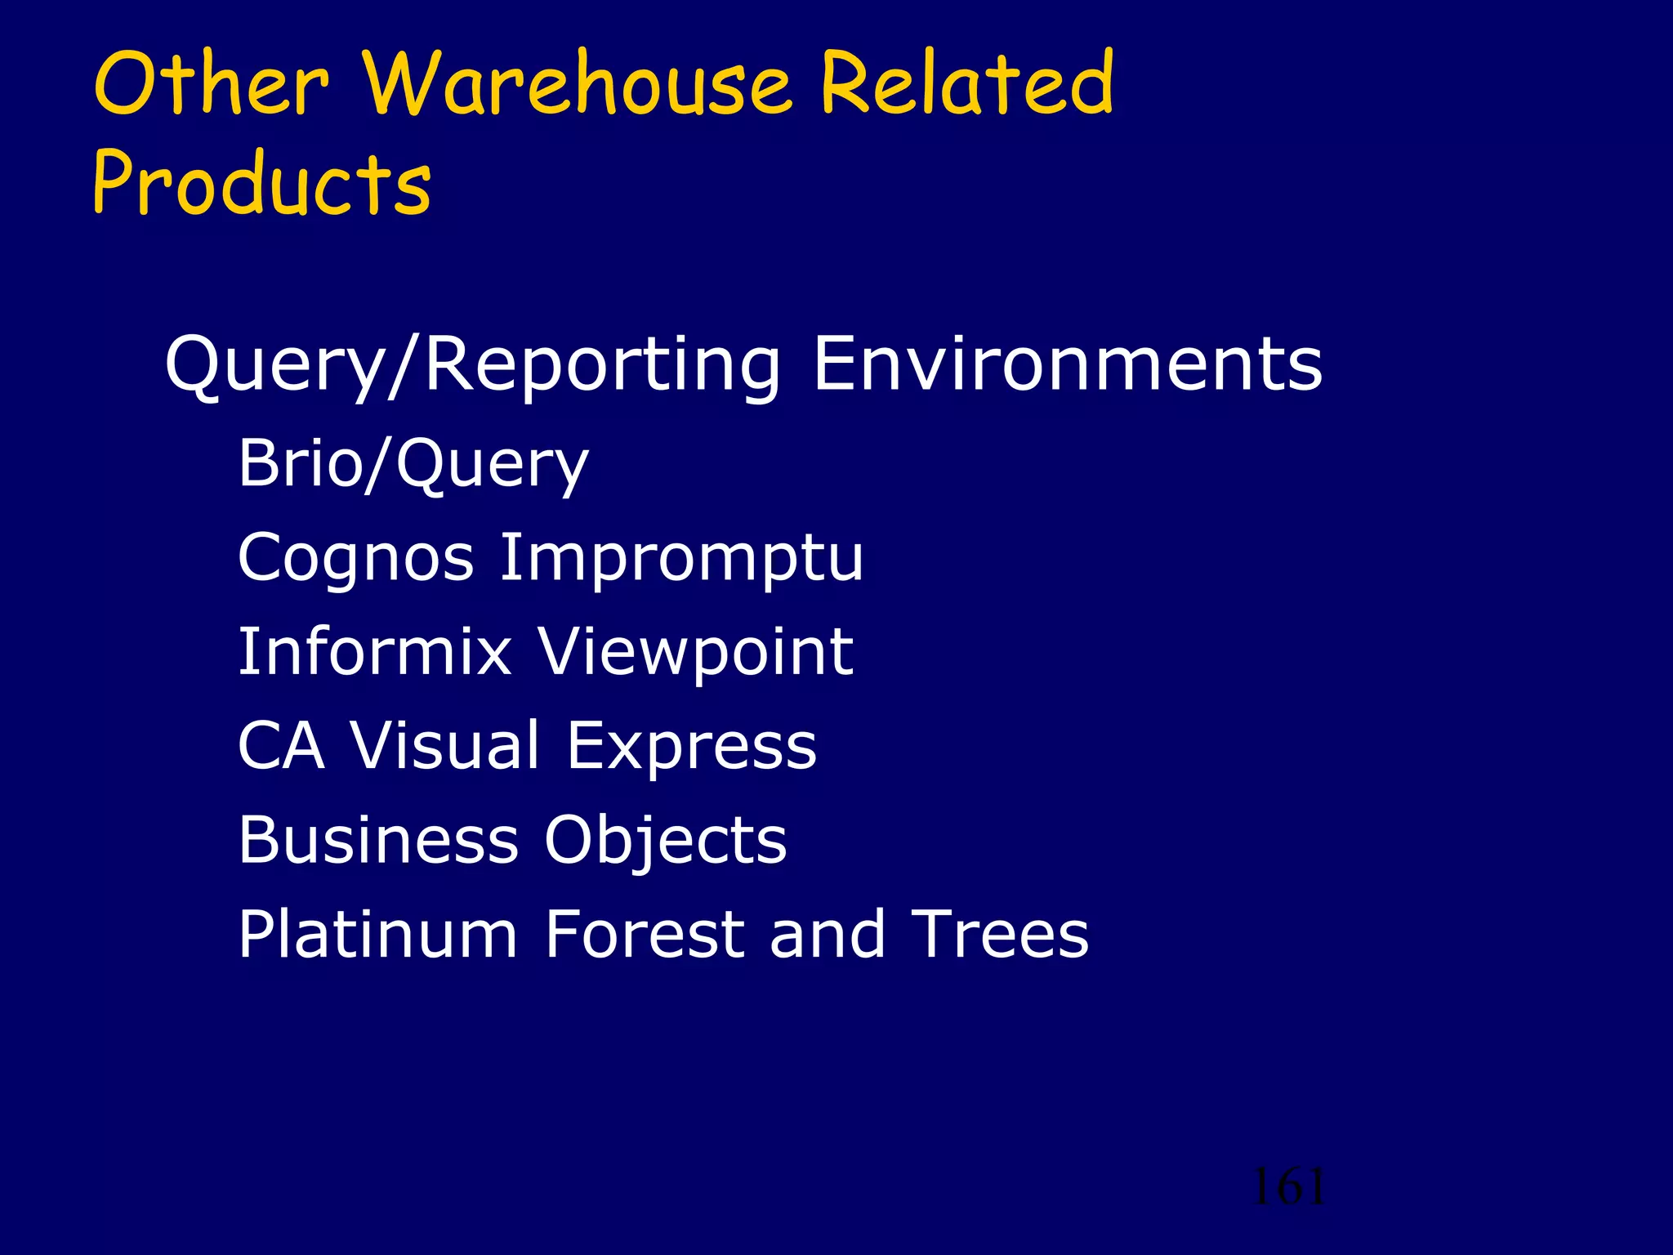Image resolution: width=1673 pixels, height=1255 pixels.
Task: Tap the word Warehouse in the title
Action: click(577, 83)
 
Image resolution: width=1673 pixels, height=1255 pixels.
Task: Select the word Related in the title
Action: click(967, 83)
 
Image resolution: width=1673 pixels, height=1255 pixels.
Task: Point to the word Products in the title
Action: click(262, 183)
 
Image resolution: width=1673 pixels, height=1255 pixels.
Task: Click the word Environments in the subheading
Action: click(1067, 364)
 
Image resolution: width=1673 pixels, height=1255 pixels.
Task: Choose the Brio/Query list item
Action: click(413, 464)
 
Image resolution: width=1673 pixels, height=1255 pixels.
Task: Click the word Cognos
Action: click(356, 558)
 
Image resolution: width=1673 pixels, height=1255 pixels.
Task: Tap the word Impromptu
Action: click(681, 558)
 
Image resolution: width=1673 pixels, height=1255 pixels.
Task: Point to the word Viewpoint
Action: click(696, 652)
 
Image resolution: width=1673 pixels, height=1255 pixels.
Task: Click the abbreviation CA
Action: click(281, 746)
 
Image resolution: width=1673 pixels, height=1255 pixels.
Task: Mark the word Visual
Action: click(445, 746)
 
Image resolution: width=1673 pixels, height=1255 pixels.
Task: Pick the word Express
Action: click(691, 746)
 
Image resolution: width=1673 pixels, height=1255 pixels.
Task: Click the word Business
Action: click(378, 840)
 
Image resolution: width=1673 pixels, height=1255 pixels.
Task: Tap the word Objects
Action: click(666, 842)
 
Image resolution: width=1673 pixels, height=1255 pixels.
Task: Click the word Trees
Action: click(1000, 935)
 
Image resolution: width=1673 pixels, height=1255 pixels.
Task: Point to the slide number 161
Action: click(1289, 1186)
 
